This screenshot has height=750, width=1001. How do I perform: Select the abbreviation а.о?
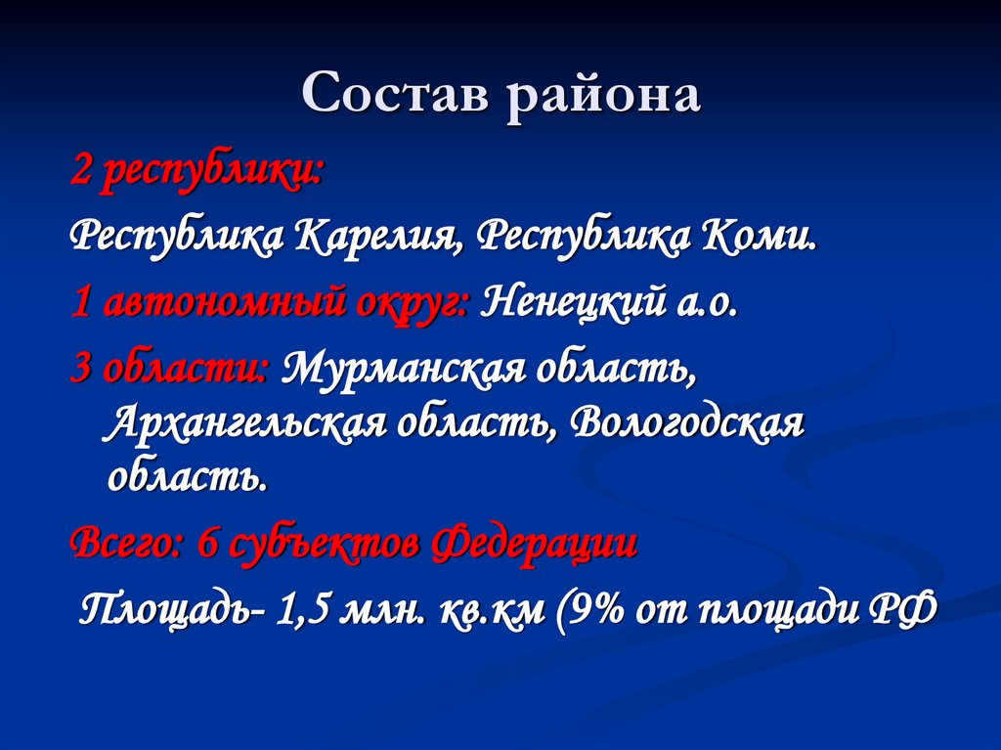coord(704,304)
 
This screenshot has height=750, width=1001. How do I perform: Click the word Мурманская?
coord(410,369)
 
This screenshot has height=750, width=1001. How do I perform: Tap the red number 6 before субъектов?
coord(207,543)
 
